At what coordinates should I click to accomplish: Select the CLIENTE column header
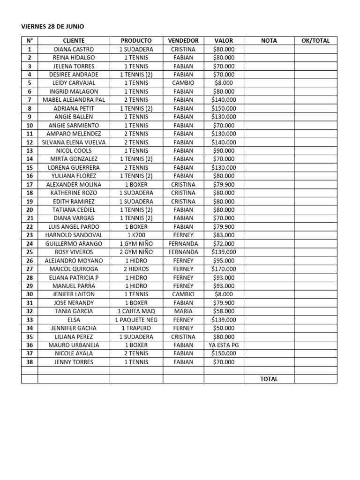tap(74, 41)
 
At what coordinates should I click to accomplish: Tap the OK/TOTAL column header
tap(315, 41)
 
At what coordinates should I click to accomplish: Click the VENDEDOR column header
tap(183, 41)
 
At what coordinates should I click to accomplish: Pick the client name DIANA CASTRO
tap(74, 49)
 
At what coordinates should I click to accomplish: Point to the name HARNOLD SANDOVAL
tap(74, 235)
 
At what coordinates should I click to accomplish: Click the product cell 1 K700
tap(136, 235)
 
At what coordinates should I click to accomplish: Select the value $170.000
tap(224, 269)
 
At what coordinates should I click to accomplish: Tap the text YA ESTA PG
tap(224, 345)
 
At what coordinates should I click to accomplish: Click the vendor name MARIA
tap(183, 311)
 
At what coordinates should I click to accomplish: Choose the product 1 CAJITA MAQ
tap(136, 311)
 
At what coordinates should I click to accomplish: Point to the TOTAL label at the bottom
tap(269, 379)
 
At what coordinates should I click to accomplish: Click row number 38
tap(30, 362)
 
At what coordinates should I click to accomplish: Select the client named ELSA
tap(74, 320)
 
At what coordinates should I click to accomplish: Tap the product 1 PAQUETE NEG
tap(136, 320)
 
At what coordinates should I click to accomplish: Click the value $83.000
tap(224, 235)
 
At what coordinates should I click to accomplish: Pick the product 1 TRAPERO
tap(136, 328)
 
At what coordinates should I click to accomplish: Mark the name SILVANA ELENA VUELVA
tap(74, 142)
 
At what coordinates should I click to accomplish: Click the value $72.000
tap(224, 244)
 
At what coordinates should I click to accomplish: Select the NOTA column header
tap(269, 41)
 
